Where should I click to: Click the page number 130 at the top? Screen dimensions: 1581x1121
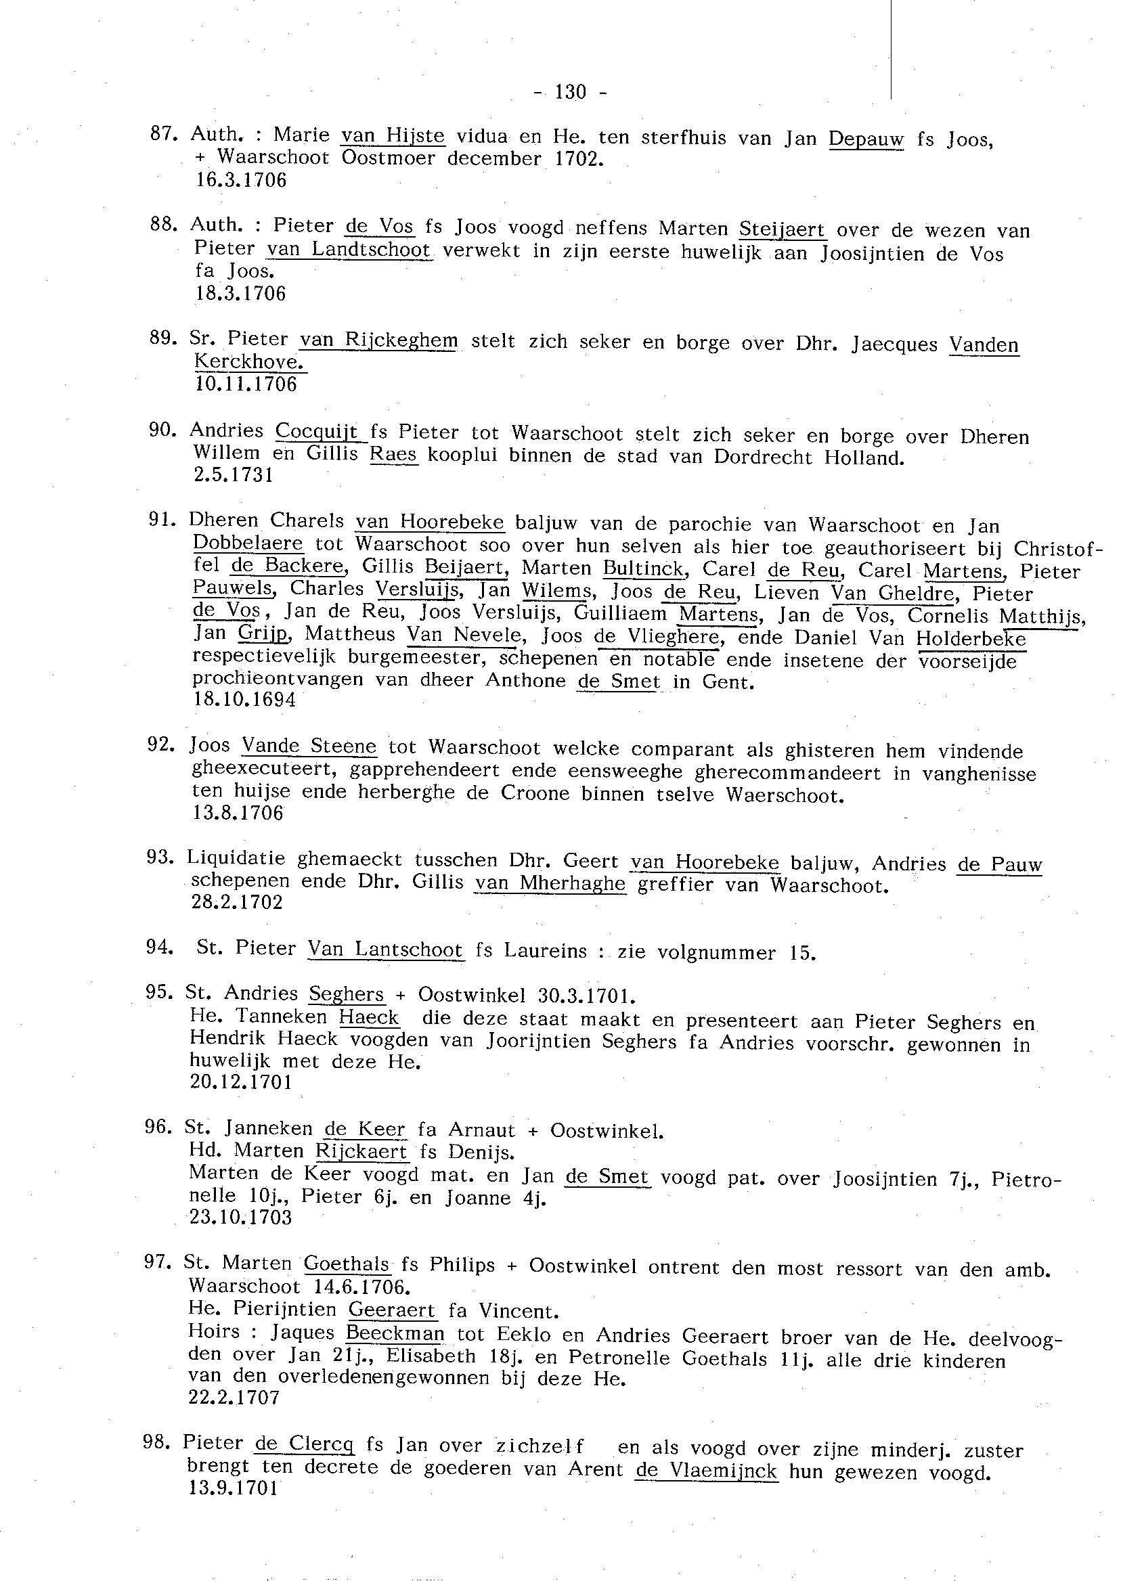click(569, 91)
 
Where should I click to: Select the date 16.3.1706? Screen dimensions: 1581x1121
click(240, 181)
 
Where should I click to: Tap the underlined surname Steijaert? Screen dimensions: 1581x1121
click(782, 229)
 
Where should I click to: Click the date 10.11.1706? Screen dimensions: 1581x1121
click(246, 384)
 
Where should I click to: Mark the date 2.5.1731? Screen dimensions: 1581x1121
click(233, 475)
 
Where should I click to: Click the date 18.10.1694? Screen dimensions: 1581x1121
click(245, 700)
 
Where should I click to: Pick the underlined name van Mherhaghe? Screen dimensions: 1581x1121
click(550, 883)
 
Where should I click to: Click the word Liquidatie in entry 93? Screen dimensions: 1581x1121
click(236, 860)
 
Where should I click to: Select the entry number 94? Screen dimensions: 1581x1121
click(158, 948)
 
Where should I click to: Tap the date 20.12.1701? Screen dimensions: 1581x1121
click(241, 1082)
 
